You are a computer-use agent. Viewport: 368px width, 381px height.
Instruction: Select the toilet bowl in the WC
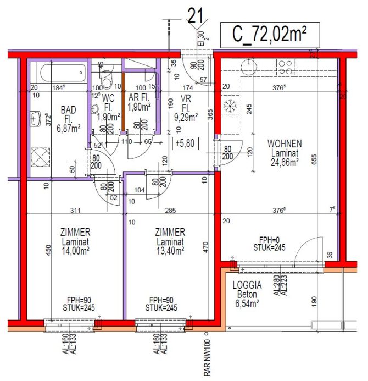click(108, 83)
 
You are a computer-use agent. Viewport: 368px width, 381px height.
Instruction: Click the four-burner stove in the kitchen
click(285, 67)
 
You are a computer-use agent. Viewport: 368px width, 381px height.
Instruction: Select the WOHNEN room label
click(283, 143)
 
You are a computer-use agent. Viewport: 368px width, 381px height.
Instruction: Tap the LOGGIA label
click(248, 286)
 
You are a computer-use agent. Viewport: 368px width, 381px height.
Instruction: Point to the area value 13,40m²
click(169, 250)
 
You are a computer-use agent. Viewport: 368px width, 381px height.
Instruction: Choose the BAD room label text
click(69, 110)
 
